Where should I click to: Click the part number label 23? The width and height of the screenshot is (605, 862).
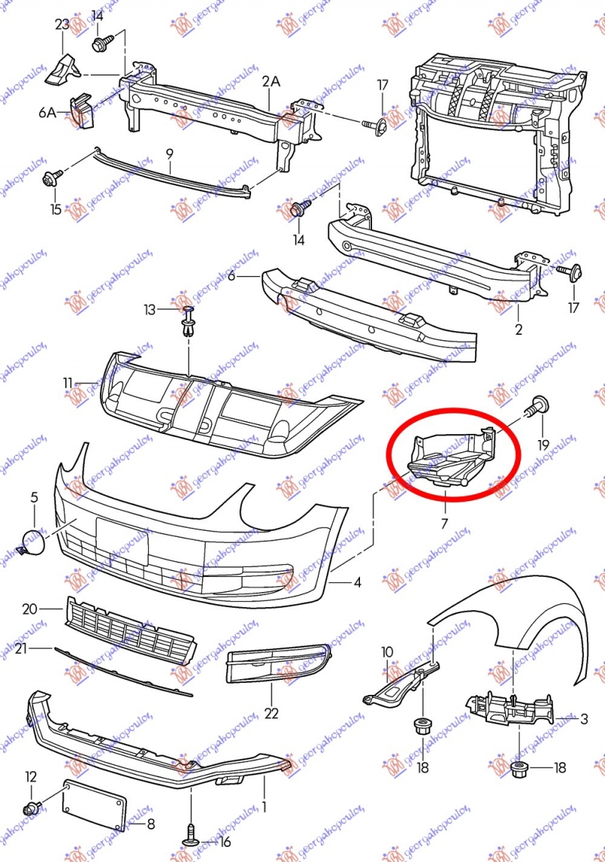point(62,24)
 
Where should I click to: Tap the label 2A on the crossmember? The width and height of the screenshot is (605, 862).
point(271,82)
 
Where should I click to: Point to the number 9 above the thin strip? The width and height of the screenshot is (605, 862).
point(170,153)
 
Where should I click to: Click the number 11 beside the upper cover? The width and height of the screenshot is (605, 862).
point(68,383)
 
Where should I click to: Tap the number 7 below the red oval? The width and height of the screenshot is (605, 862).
point(444,522)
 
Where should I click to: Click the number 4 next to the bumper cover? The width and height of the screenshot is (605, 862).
point(357,582)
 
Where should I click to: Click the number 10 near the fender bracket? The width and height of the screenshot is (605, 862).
point(387,652)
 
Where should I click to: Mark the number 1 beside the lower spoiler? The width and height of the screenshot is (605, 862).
point(264,807)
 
